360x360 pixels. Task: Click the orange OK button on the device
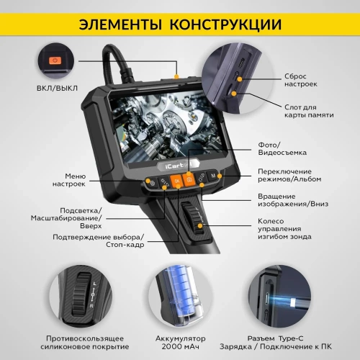[175, 183]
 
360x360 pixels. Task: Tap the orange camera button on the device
[190, 182]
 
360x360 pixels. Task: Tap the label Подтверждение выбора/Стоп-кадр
[98, 240]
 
